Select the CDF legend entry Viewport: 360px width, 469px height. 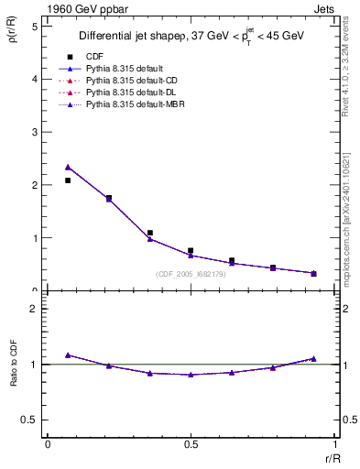click(94, 57)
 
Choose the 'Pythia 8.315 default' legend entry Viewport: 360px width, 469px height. click(126, 69)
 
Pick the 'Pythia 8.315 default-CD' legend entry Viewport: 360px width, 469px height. click(133, 82)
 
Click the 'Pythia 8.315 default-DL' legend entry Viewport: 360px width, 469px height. click(132, 93)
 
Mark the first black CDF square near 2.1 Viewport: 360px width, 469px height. click(68, 180)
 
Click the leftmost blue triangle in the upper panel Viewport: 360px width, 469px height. click(68, 168)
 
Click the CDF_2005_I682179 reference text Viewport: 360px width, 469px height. click(193, 274)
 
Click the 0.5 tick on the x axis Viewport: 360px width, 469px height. click(191, 443)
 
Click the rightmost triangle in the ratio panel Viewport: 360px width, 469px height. click(313, 359)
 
